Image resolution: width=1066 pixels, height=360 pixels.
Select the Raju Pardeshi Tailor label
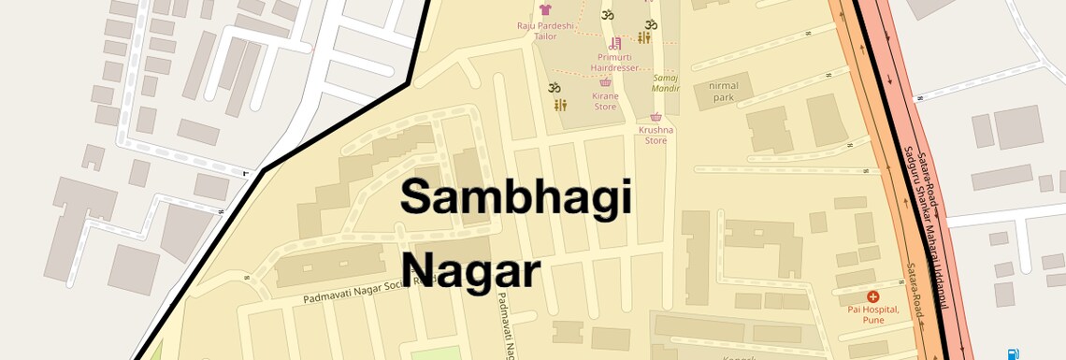point(545,32)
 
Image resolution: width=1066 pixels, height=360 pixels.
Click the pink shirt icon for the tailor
point(546,8)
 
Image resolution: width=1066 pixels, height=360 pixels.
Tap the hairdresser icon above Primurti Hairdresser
point(615,43)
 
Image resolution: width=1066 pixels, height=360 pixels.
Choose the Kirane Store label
point(605,101)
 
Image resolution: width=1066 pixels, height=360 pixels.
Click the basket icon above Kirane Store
point(606,82)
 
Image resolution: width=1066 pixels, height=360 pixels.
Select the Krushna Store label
point(655,136)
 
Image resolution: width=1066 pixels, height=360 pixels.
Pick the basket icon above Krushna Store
point(655,117)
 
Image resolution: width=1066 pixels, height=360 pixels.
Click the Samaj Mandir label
point(666,83)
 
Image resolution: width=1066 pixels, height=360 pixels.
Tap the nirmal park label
point(724,91)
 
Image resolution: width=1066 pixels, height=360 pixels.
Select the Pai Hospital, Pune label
point(872,314)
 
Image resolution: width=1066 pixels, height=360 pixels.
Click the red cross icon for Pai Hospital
point(873,296)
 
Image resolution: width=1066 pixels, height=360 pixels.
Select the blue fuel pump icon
point(1013,353)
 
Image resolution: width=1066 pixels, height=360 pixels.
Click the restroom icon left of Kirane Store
point(559,105)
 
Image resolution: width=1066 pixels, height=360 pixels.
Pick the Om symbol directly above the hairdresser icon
point(606,16)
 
